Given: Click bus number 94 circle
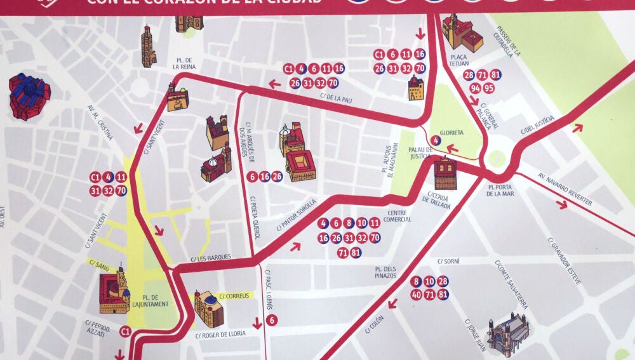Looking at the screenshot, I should pyautogui.click(x=476, y=88).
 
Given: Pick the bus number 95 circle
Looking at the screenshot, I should pyautogui.click(x=488, y=88).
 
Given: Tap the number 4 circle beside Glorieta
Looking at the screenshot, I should pyautogui.click(x=435, y=141).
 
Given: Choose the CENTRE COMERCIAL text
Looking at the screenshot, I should pyautogui.click(x=398, y=216).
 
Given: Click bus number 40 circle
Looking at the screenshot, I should pyautogui.click(x=417, y=294).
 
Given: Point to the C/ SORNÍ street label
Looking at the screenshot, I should pyautogui.click(x=449, y=261).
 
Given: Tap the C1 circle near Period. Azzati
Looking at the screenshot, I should pyautogui.click(x=126, y=331).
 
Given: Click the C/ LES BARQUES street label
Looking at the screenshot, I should pyautogui.click(x=210, y=258).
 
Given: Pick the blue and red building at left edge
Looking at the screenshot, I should pyautogui.click(x=29, y=96).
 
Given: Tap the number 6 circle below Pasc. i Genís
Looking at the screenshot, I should pyautogui.click(x=272, y=320).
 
